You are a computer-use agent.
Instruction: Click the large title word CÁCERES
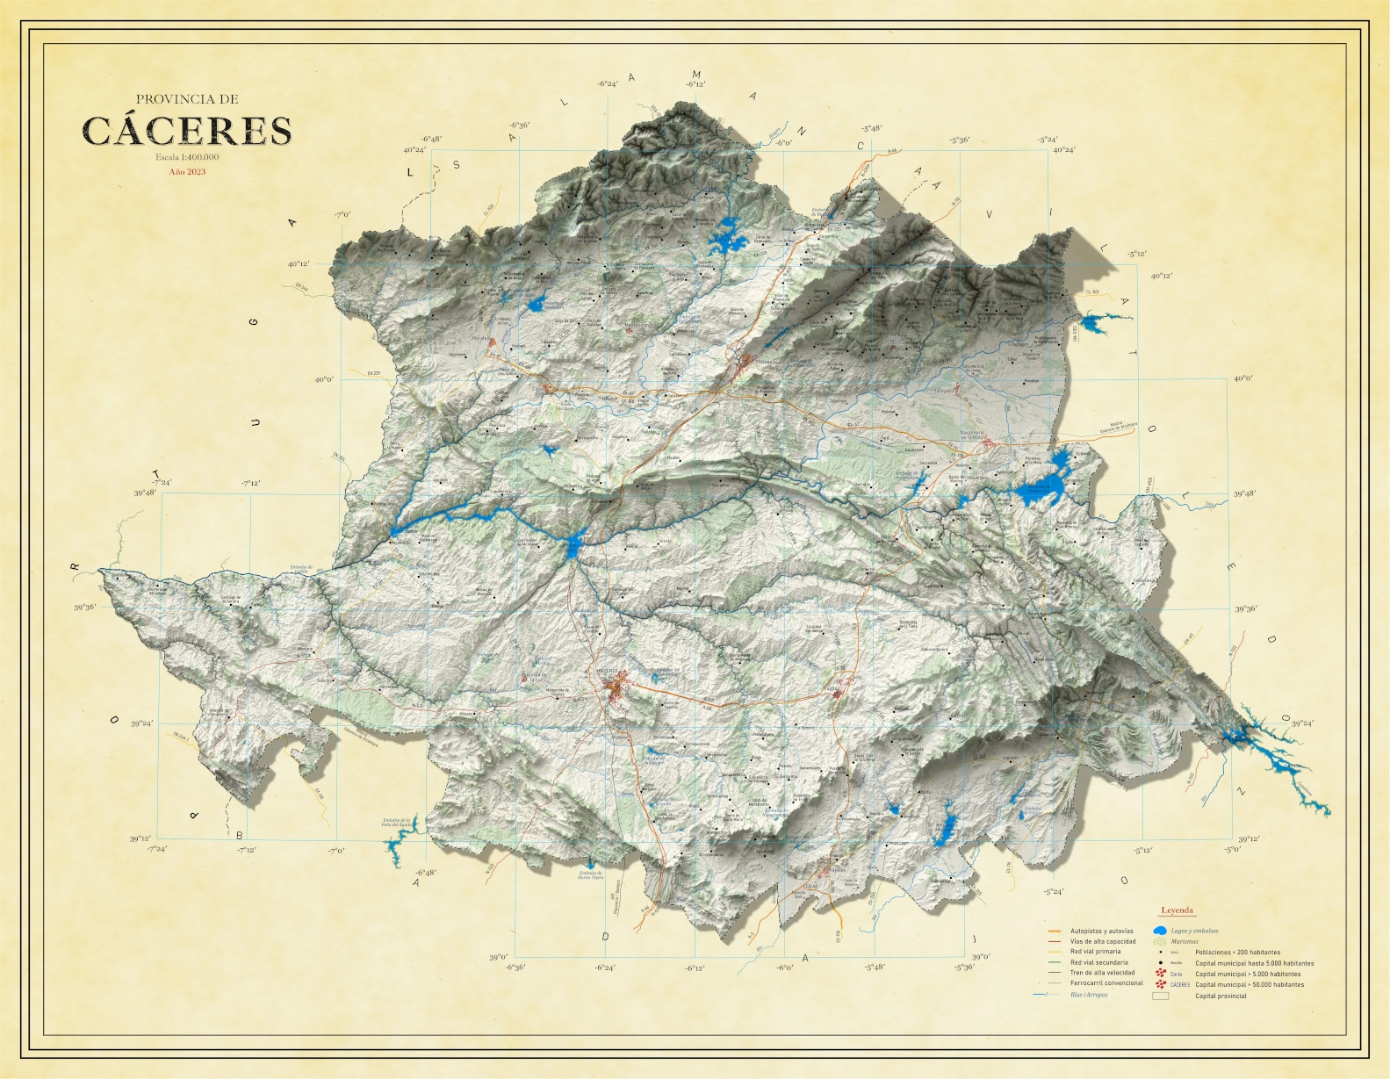186,131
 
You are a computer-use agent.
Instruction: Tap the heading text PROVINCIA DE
187,99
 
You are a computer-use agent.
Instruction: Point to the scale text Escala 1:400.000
187,157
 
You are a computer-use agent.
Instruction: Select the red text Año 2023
187,172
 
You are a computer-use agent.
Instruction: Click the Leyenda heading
1177,910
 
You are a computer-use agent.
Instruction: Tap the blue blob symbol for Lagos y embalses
1159,931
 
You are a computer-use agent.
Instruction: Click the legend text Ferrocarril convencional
1106,983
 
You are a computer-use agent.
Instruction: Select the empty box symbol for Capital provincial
1161,996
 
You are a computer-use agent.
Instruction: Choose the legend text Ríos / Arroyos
1089,995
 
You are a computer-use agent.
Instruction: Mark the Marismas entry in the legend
1184,941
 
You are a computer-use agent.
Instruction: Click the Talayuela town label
945,391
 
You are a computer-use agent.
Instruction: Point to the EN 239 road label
374,373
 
